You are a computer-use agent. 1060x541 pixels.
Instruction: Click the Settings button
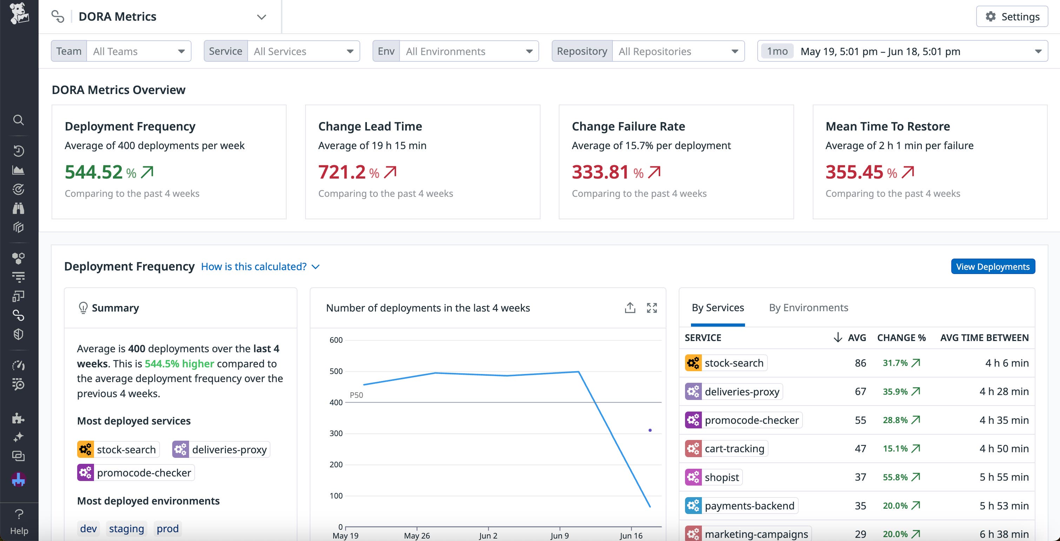[x=1012, y=16]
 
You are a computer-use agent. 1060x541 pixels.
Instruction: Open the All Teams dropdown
[x=138, y=51]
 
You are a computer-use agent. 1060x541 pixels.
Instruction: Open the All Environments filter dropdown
[x=469, y=51]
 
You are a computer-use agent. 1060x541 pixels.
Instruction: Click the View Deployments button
[x=993, y=266]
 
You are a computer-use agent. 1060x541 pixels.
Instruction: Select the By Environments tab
[x=808, y=308]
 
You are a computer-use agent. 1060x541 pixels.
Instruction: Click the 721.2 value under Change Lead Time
[x=342, y=172]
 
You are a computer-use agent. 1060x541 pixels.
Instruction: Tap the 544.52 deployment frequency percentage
[x=94, y=172]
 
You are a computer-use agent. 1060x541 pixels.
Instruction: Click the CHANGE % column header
[x=901, y=338]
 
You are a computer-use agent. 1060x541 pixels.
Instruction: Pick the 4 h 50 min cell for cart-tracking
[x=1004, y=448]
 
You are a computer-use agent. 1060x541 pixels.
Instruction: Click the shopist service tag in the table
[x=722, y=477]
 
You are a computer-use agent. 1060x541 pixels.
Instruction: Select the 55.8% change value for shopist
[x=895, y=477]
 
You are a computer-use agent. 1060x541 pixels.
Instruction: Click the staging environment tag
[x=126, y=528]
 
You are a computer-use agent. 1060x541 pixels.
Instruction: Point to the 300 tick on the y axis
[x=336, y=433]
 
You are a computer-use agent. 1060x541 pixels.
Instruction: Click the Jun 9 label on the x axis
[x=559, y=535]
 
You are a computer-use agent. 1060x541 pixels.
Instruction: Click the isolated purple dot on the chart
[x=650, y=430]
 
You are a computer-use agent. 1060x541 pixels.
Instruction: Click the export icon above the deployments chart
[x=630, y=308]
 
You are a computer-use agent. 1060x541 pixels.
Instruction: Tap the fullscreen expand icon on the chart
[x=652, y=308]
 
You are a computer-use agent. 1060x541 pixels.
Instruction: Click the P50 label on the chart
[x=356, y=395]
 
